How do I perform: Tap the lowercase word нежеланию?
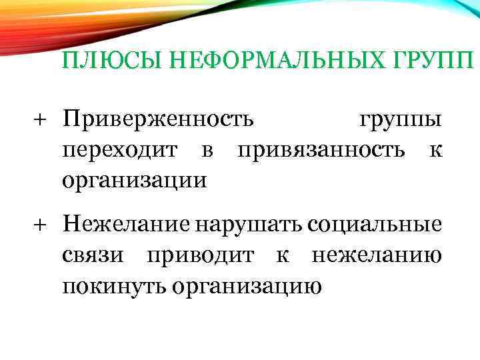(x=375, y=255)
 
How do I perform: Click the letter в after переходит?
(x=206, y=150)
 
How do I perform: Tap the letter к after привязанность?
(x=435, y=150)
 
